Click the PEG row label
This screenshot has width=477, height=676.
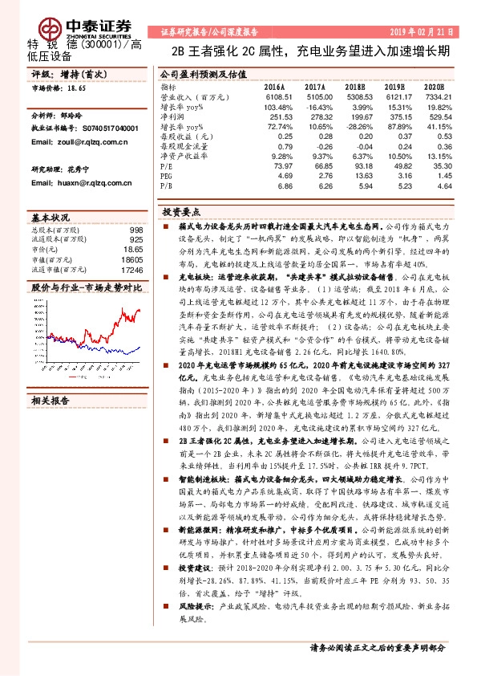tap(166, 174)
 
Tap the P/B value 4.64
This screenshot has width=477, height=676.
tap(434, 185)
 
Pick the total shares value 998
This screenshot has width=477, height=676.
tap(137, 230)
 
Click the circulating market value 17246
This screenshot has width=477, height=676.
tap(131, 272)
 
